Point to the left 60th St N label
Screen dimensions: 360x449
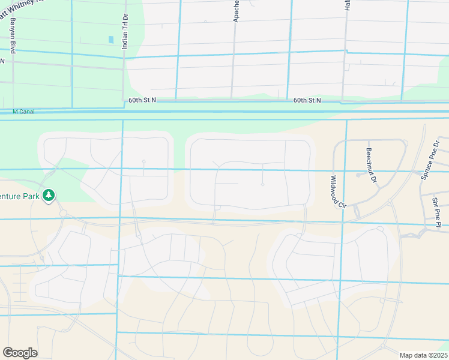pyautogui.click(x=142, y=101)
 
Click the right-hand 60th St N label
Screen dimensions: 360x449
pyautogui.click(x=307, y=101)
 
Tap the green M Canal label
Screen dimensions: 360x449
pyautogui.click(x=24, y=111)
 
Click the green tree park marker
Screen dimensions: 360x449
pyautogui.click(x=49, y=196)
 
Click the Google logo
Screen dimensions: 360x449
pyautogui.click(x=20, y=352)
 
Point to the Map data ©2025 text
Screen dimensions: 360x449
pyautogui.click(x=423, y=355)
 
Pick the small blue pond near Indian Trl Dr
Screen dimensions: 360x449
pyautogui.click(x=111, y=40)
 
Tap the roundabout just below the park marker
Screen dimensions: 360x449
pyautogui.click(x=62, y=214)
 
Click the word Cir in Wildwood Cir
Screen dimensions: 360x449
pyautogui.click(x=342, y=203)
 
